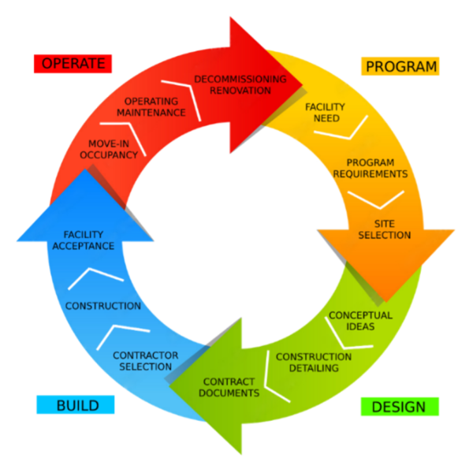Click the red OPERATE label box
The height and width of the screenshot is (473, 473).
[x=73, y=64]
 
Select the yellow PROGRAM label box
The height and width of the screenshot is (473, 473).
[x=400, y=66]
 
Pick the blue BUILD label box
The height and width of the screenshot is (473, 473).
[x=76, y=405]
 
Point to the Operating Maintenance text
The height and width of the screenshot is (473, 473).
[x=151, y=107]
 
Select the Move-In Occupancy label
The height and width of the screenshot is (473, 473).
[x=109, y=150]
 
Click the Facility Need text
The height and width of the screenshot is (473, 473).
[x=321, y=112]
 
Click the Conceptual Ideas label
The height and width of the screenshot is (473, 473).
[x=360, y=321]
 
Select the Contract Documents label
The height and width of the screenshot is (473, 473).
[x=229, y=387]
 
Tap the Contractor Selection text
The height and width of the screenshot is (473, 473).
[x=145, y=361]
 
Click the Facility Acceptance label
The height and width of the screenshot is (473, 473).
[x=89, y=240]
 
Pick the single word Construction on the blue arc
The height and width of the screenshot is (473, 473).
[x=103, y=306]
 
